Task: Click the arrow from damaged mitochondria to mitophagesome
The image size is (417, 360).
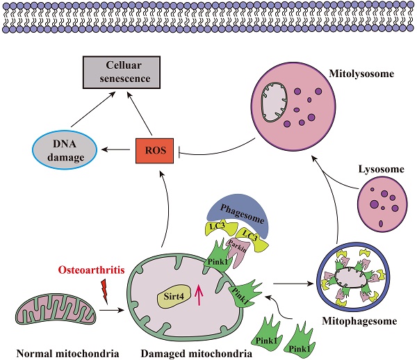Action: coord(291,283)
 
